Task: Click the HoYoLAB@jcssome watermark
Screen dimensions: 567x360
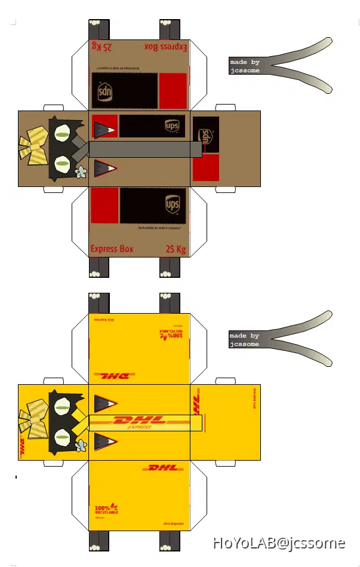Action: [x=279, y=543]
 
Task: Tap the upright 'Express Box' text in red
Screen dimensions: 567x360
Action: [x=112, y=249]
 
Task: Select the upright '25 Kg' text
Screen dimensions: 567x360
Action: [x=174, y=249]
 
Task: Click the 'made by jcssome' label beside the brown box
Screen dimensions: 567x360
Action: [x=245, y=66]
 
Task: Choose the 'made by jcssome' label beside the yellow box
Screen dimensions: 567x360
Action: [x=245, y=340]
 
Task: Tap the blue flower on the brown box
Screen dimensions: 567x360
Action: [x=81, y=172]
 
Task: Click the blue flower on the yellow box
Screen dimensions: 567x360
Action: [x=81, y=445]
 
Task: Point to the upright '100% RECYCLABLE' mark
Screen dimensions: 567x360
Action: [x=106, y=508]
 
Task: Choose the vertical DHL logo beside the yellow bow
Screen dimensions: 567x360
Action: [x=23, y=448]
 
